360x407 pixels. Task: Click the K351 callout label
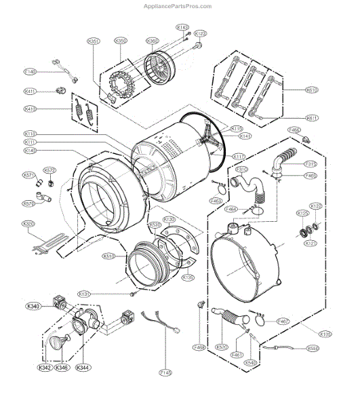[94, 42]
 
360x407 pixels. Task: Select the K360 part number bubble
[153, 41]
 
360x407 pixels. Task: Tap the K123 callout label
[200, 33]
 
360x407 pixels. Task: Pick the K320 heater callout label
[28, 224]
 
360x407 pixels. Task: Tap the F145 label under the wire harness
[166, 372]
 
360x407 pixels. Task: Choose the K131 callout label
[103, 294]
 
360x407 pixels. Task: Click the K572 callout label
[49, 170]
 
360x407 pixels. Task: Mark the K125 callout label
[302, 214]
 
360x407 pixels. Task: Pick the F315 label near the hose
[311, 163]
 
